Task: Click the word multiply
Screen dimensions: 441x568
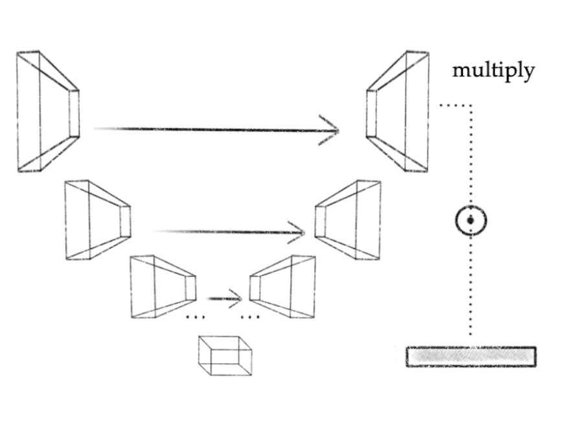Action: pos(493,70)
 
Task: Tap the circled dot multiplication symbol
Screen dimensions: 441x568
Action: pos(471,220)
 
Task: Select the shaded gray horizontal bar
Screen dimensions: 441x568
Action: pos(471,357)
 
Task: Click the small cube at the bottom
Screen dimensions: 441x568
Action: pos(225,356)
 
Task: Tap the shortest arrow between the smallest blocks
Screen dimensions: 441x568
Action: pos(224,299)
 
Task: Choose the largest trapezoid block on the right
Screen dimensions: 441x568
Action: pos(398,111)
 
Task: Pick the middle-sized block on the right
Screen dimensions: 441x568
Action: pos(348,220)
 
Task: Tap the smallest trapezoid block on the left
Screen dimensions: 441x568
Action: pos(163,286)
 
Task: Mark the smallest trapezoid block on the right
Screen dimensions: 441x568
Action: pos(282,286)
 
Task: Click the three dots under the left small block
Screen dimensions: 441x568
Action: pos(195,317)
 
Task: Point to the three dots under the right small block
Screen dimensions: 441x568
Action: pos(249,317)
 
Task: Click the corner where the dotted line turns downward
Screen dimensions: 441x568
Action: pos(471,105)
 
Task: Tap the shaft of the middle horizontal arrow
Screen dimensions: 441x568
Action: pos(220,231)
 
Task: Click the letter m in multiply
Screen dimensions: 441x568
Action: pos(460,70)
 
